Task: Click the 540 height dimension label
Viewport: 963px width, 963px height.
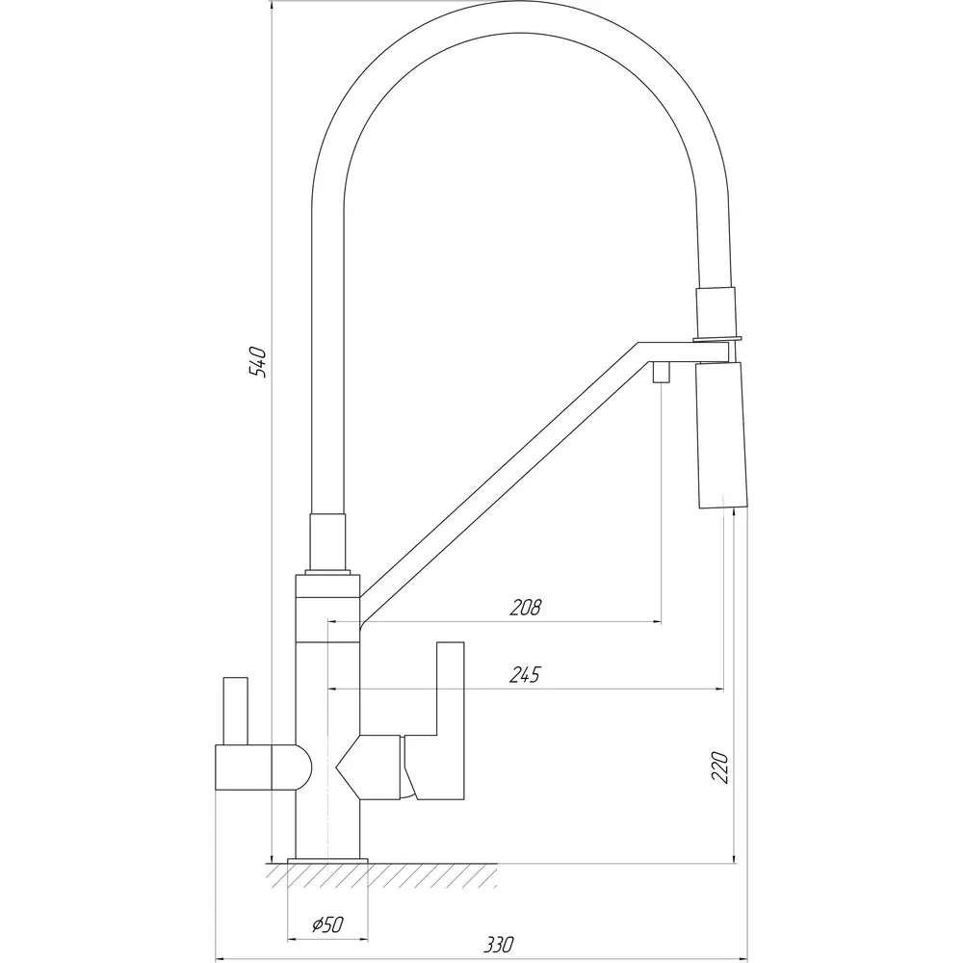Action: [x=258, y=362]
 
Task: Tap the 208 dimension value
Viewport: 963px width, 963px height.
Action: [x=526, y=608]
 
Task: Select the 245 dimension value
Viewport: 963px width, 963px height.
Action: [x=525, y=674]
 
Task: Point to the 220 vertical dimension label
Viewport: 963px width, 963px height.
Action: [x=719, y=767]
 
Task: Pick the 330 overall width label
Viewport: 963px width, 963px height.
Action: [x=498, y=944]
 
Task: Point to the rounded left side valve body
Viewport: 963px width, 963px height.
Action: [x=264, y=768]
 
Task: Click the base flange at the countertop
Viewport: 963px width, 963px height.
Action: [x=328, y=861]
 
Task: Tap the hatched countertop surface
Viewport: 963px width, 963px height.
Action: [x=381, y=875]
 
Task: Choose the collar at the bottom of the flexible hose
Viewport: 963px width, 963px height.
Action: [x=328, y=543]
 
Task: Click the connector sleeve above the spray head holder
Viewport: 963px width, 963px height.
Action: [x=715, y=311]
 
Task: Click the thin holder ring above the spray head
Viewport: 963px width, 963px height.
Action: [x=716, y=339]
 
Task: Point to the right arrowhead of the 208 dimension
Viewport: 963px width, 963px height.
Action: [x=657, y=622]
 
